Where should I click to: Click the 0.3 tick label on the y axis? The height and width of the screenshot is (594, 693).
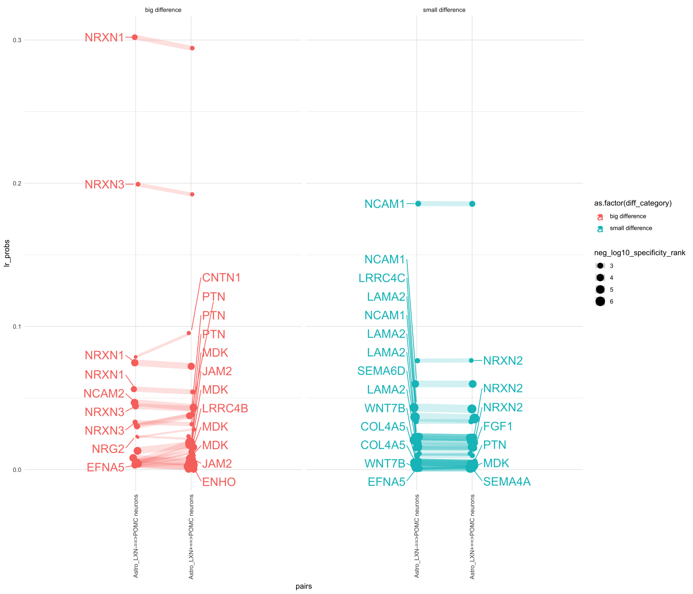[x=17, y=40]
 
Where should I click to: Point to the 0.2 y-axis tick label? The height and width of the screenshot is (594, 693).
[x=17, y=183]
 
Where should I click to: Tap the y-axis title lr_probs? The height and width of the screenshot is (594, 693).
[x=7, y=253]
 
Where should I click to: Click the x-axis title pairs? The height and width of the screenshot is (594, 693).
[x=303, y=586]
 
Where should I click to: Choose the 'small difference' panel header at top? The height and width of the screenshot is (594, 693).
[x=444, y=10]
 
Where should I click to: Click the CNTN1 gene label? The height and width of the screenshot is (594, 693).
[x=221, y=278]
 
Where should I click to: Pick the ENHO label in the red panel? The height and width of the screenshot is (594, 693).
[x=219, y=482]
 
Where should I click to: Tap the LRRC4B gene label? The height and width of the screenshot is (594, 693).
[x=225, y=408]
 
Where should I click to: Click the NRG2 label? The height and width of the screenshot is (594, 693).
[x=108, y=449]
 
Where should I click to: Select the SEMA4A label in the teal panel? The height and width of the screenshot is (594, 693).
[x=507, y=482]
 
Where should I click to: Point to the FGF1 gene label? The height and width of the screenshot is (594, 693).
[x=498, y=426]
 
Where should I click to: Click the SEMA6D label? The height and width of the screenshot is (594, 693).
[x=381, y=371]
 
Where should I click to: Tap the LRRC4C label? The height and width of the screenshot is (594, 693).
[x=382, y=278]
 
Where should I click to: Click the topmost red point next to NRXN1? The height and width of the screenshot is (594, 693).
[x=135, y=37]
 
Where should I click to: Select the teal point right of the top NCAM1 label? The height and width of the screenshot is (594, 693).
[x=418, y=204]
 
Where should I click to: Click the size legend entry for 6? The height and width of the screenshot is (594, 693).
[x=600, y=301]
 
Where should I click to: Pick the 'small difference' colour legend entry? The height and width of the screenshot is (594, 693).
[x=631, y=228]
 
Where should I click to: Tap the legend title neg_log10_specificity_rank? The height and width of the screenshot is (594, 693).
[x=639, y=253]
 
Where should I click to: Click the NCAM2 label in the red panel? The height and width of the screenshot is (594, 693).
[x=104, y=394]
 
